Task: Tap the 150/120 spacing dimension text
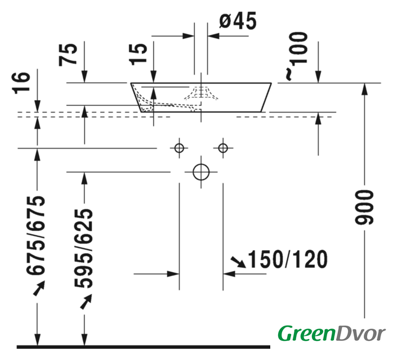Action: (x=287, y=259)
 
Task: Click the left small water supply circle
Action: (x=179, y=148)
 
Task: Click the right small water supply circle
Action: (x=223, y=148)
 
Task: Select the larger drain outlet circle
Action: (x=201, y=171)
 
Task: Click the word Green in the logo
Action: (x=303, y=333)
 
